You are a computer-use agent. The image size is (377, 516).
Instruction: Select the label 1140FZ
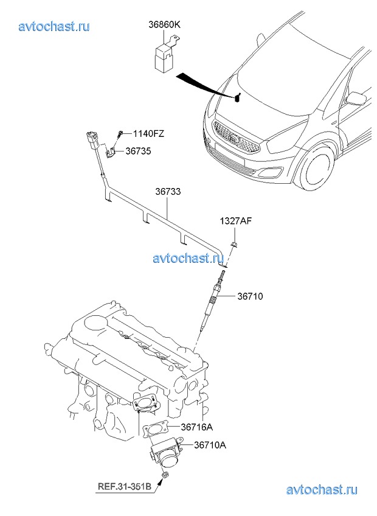click(149, 133)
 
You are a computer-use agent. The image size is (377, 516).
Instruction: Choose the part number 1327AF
click(235, 221)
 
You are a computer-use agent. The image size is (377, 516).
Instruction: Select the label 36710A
click(210, 445)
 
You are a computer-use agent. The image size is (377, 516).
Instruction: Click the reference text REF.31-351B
click(125, 486)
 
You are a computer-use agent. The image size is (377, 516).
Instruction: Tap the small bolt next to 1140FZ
click(122, 133)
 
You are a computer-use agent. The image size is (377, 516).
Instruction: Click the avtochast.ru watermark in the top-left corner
click(55, 26)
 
